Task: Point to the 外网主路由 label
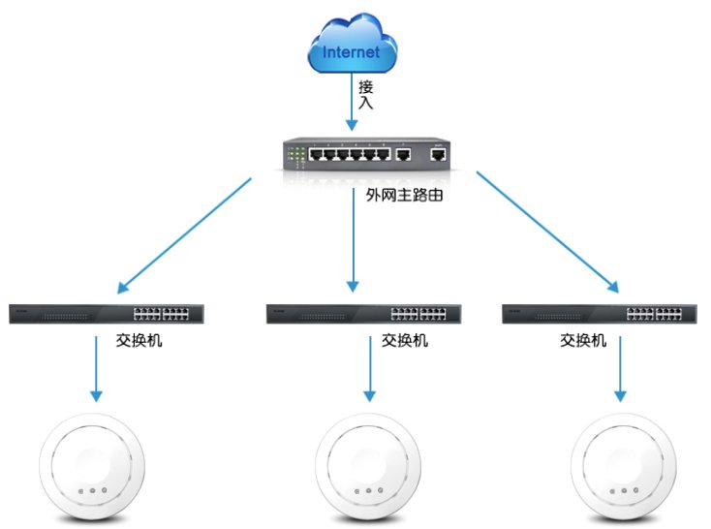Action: [x=393, y=194]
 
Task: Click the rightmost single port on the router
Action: [x=439, y=153]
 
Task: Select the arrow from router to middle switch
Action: [x=353, y=242]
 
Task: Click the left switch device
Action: [x=107, y=313]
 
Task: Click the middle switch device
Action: [x=363, y=313]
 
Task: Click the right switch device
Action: [x=601, y=313]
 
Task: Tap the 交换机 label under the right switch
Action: [x=583, y=341]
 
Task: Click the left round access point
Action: [x=92, y=470]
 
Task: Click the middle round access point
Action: [x=372, y=470]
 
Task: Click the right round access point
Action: [x=621, y=470]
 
